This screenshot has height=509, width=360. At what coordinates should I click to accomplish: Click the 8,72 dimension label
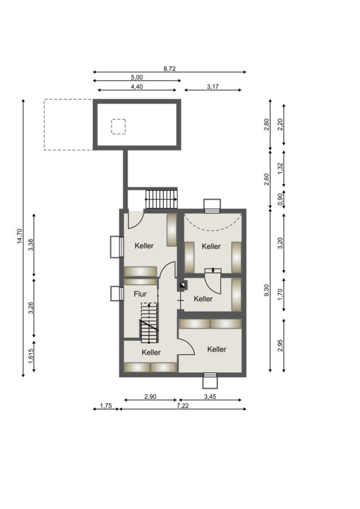coord(169,69)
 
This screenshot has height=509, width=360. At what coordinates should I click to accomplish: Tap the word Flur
coord(140,294)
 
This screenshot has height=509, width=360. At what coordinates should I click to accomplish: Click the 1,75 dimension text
coord(106,406)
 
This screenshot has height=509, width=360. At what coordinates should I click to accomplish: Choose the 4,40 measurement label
coord(137,87)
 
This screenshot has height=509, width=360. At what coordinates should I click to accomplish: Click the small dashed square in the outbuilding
coord(118,127)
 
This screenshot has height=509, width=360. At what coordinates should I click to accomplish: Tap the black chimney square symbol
coord(183,286)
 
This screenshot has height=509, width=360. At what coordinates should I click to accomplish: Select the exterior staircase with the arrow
coord(161,199)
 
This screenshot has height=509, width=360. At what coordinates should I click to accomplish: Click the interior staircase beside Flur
coord(149,323)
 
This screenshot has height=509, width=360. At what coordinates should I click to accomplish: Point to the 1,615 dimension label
coord(31,356)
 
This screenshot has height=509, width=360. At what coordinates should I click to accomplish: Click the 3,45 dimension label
coord(210,396)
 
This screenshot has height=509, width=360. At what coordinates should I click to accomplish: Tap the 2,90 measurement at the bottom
coord(151,396)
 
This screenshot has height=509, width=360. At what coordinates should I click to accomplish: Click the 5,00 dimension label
coord(137,77)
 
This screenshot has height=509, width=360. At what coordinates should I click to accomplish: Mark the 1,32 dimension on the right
coord(280,168)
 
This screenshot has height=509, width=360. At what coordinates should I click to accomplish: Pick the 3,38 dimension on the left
coord(31,245)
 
